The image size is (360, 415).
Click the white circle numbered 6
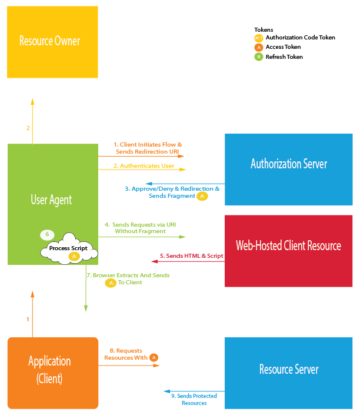pos(48,235)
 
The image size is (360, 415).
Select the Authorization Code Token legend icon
pos(258,38)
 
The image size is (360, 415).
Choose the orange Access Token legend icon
pos(258,47)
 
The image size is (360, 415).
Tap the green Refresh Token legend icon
pos(258,57)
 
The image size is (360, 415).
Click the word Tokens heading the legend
pos(264,29)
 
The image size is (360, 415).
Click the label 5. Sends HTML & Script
pos(191,256)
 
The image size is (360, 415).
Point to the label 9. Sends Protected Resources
pos(194,399)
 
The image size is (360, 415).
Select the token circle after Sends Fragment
pos(202,196)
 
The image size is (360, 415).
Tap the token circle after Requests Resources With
pos(154,357)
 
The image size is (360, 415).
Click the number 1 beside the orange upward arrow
pos(28,319)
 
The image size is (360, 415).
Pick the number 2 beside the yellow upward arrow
pos(28,128)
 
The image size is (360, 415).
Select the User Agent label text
pos(51,200)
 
